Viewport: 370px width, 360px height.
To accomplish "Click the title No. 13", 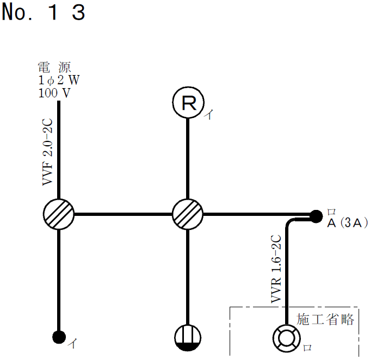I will coord(44,12).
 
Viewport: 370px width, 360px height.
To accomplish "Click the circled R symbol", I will coord(188,103).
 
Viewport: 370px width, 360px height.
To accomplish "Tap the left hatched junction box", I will coord(58,214).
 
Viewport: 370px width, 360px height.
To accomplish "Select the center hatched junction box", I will coord(188,214).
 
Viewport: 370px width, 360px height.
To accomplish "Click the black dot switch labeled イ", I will coord(58,337).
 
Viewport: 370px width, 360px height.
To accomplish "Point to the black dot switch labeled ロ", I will coord(316,216).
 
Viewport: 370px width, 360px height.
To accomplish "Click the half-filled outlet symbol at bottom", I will coord(188,338).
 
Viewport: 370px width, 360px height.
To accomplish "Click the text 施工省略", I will coord(325,319).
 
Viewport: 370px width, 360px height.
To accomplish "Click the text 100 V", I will coord(54,92).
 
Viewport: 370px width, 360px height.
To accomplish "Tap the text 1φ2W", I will coord(59,80).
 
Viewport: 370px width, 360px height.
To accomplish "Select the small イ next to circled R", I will coord(208,115).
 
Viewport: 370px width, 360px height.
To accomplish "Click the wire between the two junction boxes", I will coord(123,214).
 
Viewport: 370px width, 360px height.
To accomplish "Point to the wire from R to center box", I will coord(188,158).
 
